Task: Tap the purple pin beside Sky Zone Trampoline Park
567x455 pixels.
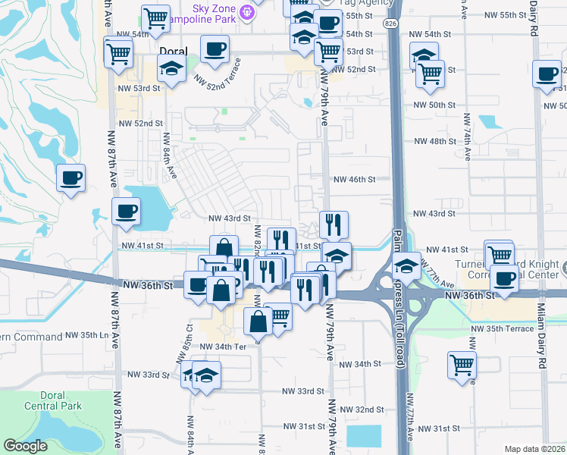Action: (x=246, y=11)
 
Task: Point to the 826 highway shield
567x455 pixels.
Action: (x=390, y=24)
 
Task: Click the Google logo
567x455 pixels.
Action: (x=26, y=446)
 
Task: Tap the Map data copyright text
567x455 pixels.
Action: (x=533, y=449)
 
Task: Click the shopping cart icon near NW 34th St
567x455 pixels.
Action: (x=462, y=364)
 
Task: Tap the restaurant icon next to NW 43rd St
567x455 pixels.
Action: (x=334, y=224)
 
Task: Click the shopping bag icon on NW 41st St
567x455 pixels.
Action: (x=224, y=248)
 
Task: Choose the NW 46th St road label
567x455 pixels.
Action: (x=355, y=180)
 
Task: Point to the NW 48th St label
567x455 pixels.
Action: (x=437, y=142)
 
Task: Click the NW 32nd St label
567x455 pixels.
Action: (x=359, y=409)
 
